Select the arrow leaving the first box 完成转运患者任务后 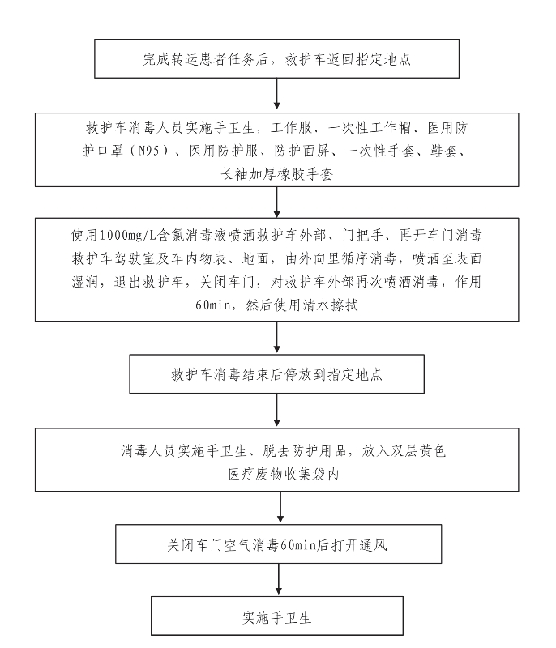coord(277,94)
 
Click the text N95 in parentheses coord(148,151)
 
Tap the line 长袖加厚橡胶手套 coord(276,174)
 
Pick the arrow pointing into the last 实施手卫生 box coord(279,579)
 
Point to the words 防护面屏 coord(302,151)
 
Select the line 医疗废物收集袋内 coord(284,474)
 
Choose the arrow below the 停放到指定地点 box coord(277,410)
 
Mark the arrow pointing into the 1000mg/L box coord(277,202)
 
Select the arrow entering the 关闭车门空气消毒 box coord(280,507)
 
